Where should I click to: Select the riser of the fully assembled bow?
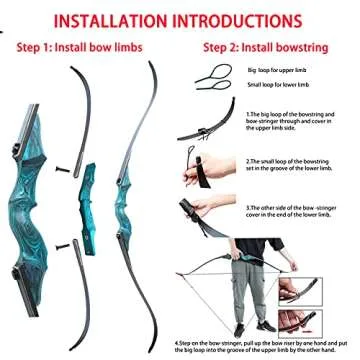[125, 200]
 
